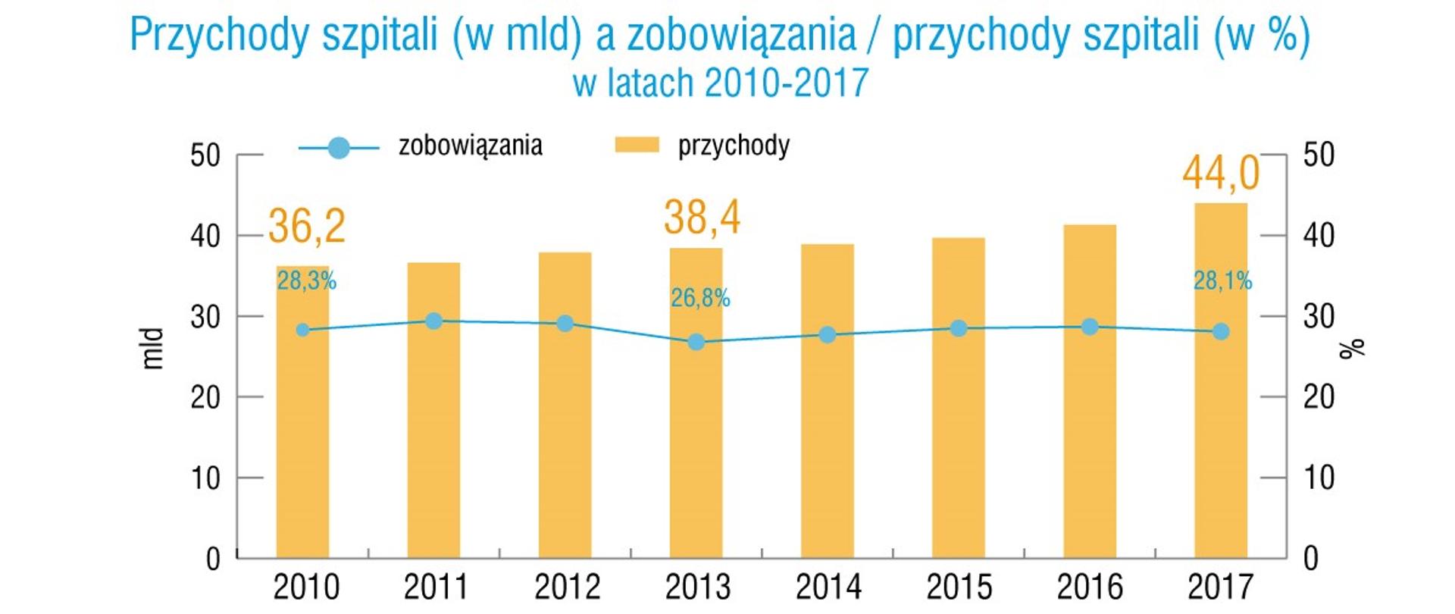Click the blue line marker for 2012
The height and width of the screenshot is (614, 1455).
point(565,324)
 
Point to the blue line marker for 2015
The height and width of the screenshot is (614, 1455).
point(959,328)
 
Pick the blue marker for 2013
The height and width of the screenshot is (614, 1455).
point(696,342)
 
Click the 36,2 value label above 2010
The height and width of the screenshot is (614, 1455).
point(307,225)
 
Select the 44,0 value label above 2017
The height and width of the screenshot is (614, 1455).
point(1220,173)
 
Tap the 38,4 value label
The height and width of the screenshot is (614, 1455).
point(702,218)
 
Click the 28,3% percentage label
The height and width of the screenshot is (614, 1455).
point(306,281)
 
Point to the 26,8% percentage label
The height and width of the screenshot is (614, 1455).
point(700,299)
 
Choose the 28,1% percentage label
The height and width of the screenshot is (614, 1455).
point(1222,281)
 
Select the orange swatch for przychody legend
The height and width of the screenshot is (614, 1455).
point(637,145)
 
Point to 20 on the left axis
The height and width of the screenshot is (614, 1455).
point(205,397)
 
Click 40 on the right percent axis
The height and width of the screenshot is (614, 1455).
point(1319,236)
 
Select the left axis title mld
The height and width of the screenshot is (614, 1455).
point(154,349)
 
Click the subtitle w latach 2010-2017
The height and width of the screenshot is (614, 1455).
point(720,83)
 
